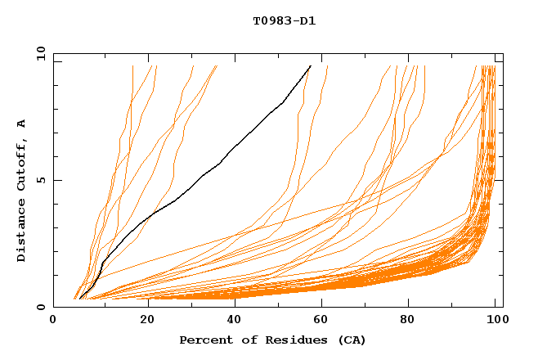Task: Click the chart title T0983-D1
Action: click(284, 20)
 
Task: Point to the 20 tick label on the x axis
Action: click(142, 323)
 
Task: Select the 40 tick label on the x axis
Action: click(231, 323)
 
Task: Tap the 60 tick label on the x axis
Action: click(319, 323)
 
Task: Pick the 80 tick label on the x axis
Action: click(408, 323)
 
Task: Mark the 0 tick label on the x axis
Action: click(53, 323)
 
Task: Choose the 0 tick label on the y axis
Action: click(40, 308)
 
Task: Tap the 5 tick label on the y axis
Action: click(40, 180)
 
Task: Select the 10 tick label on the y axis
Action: click(37, 53)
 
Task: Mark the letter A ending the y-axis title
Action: click(22, 123)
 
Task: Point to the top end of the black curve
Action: click(311, 65)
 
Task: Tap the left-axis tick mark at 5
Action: click(56, 180)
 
